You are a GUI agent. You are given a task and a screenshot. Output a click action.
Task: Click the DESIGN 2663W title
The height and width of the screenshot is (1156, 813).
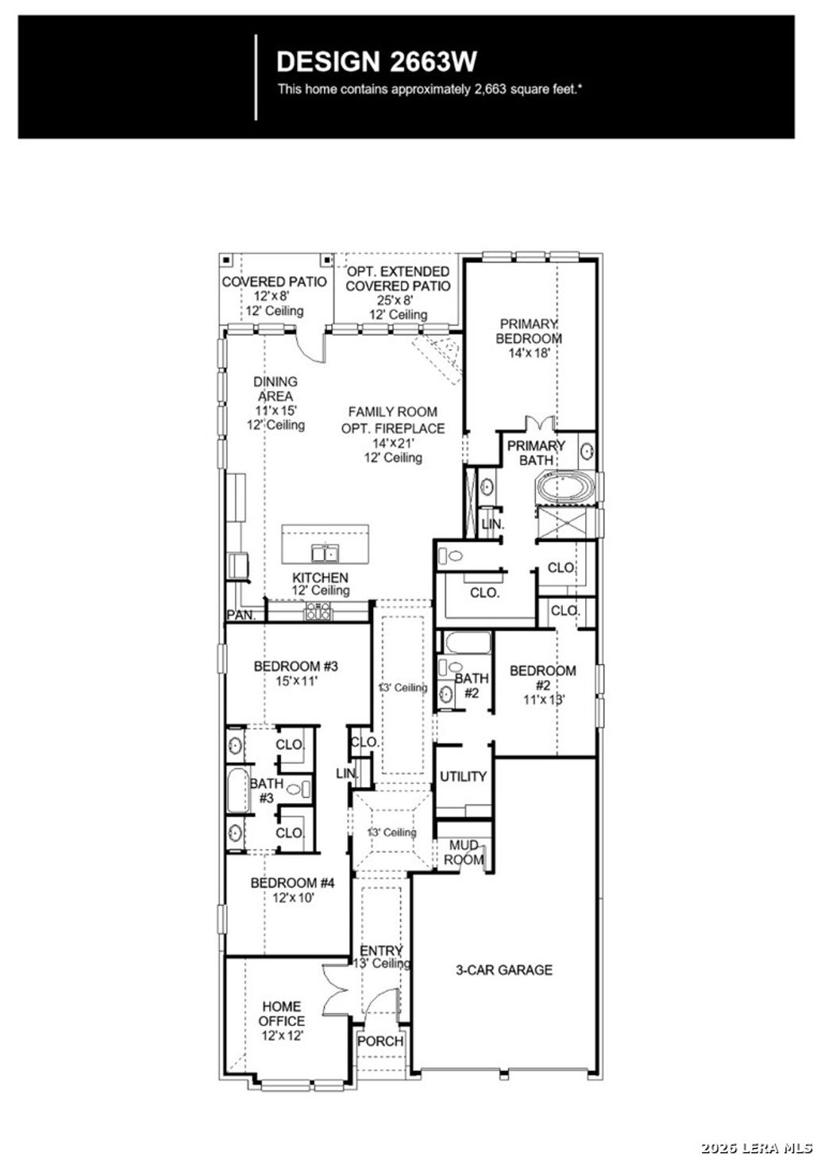pyautogui.click(x=376, y=61)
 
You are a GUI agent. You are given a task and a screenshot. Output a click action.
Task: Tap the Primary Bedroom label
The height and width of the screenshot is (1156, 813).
pyautogui.click(x=529, y=331)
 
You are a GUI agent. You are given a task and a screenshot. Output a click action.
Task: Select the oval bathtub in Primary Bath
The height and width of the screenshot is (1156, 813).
pyautogui.click(x=565, y=486)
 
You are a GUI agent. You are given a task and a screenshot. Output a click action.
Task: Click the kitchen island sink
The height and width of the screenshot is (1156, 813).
pyautogui.click(x=325, y=553)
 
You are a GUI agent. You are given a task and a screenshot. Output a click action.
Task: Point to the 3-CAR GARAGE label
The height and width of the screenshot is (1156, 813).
pyautogui.click(x=503, y=970)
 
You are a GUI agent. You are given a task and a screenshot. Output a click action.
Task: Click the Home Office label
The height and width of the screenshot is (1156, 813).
pyautogui.click(x=281, y=1013)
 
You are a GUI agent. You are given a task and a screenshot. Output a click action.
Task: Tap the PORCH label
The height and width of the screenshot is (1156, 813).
pyautogui.click(x=380, y=1041)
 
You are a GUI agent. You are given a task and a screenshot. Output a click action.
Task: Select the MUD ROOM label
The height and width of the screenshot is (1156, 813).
pyautogui.click(x=464, y=853)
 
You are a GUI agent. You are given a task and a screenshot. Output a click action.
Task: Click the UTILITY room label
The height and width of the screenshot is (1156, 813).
pyautogui.click(x=463, y=776)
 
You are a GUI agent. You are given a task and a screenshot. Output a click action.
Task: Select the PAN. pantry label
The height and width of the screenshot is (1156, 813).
pyautogui.click(x=241, y=615)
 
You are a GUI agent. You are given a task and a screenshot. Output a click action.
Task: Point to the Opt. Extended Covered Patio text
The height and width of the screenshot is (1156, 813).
pyautogui.click(x=398, y=278)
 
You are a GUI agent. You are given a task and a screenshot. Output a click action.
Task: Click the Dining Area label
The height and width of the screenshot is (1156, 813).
pyautogui.click(x=275, y=389)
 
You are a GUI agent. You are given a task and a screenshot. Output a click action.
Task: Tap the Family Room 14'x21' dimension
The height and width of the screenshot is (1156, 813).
pyautogui.click(x=393, y=444)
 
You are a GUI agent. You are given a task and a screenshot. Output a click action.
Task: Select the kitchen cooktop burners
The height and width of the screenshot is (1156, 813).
pyautogui.click(x=318, y=611)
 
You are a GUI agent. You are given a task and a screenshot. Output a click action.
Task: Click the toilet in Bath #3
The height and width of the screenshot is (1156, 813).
pyautogui.click(x=297, y=789)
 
